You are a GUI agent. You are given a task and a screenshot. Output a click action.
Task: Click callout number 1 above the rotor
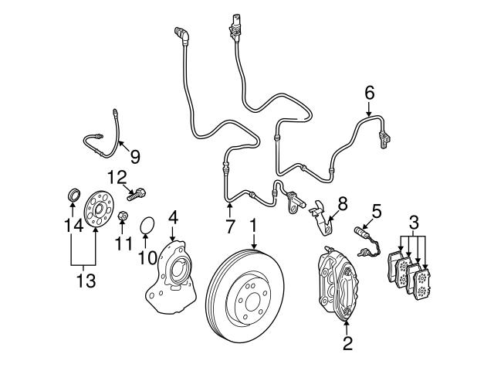point(252,225)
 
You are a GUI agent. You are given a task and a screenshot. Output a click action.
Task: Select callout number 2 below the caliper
point(347,342)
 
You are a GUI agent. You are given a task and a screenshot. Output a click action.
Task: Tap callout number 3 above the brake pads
point(415,223)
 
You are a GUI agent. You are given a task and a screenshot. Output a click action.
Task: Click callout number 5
point(377,210)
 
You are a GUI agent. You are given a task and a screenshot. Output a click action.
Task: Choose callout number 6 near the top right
point(369,94)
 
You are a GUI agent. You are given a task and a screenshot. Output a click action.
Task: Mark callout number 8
point(342,203)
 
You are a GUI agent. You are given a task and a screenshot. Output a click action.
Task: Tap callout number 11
point(119,244)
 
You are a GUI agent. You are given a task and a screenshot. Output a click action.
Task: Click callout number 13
point(86,280)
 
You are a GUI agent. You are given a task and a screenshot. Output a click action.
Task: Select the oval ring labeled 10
point(147,226)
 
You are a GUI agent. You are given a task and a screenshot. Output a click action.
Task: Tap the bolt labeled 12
point(140,193)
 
